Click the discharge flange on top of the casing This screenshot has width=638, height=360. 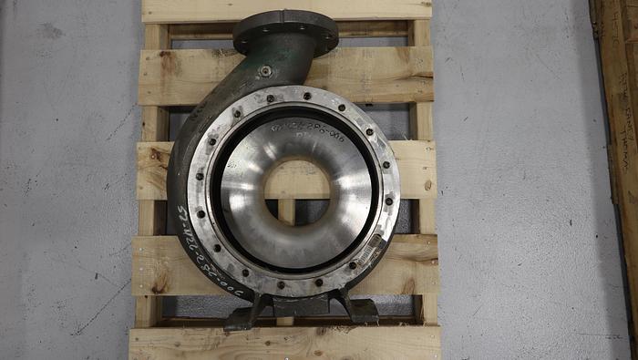click(285, 29)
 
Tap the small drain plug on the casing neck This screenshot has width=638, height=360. click(264, 71)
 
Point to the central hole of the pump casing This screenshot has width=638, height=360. click(296, 192)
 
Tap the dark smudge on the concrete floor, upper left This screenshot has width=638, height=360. click(50, 32)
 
